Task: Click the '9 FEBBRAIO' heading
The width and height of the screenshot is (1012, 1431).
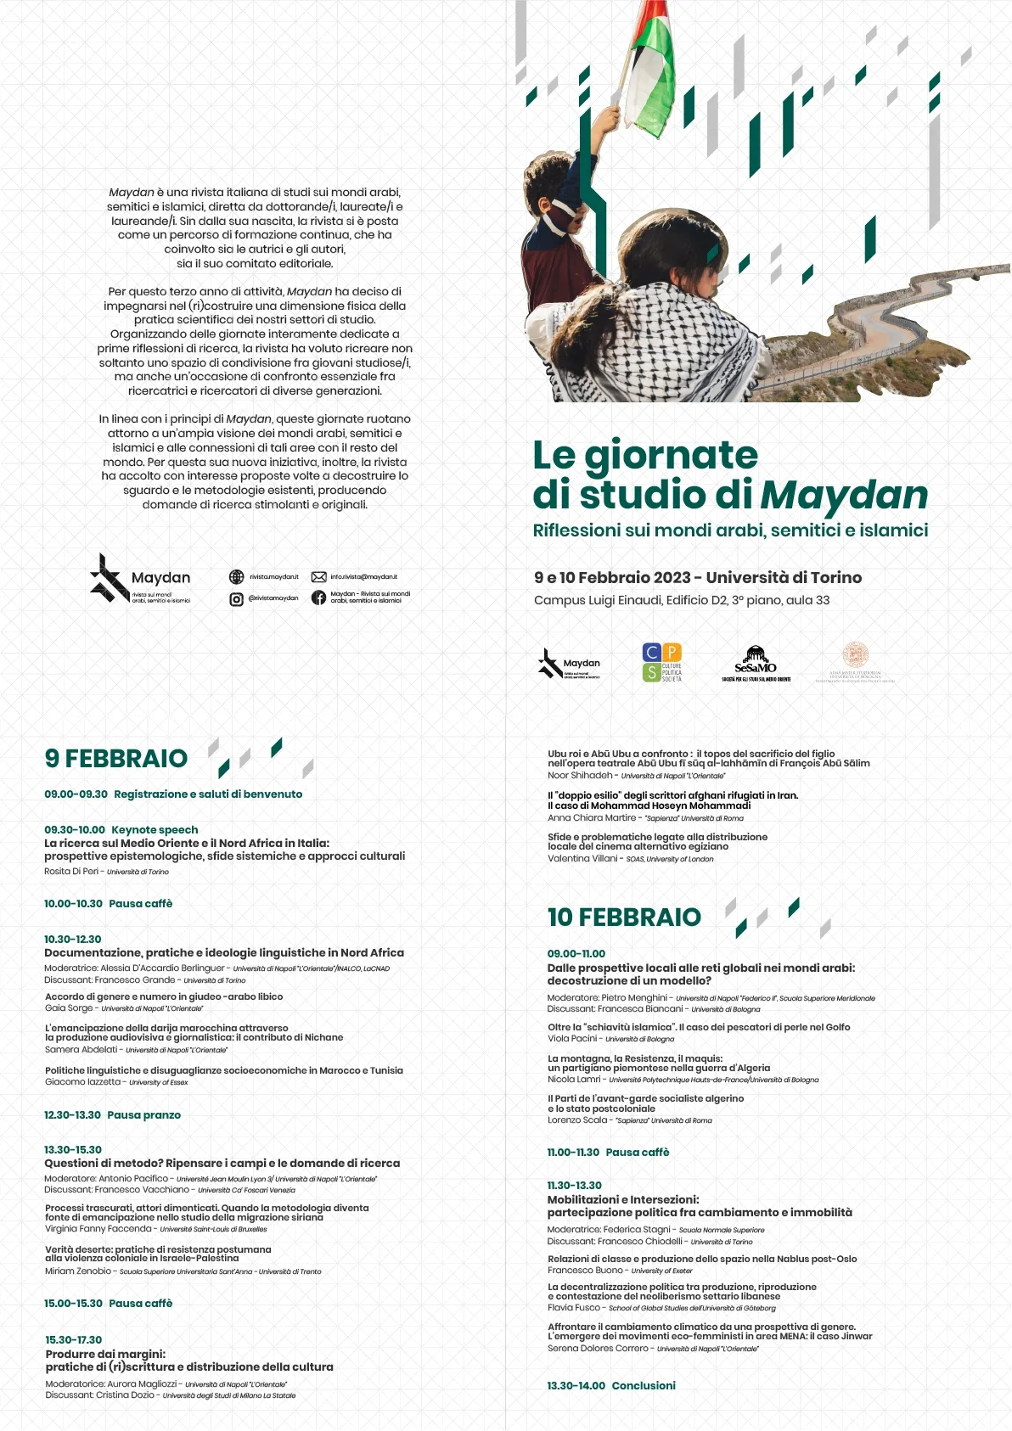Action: [x=116, y=758]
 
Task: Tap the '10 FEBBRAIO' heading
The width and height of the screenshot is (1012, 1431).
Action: [x=624, y=917]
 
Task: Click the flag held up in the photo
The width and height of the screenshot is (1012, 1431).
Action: [x=649, y=72]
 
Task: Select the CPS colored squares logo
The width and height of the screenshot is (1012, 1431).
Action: [x=661, y=662]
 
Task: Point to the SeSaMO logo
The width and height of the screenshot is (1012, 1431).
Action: [x=756, y=664]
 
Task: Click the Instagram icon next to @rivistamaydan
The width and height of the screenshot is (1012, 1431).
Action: [x=237, y=598]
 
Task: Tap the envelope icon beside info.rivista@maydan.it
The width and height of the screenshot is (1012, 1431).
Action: [x=319, y=577]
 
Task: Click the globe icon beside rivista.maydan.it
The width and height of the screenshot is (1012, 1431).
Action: [x=237, y=577]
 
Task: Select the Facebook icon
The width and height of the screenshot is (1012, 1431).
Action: [x=318, y=598]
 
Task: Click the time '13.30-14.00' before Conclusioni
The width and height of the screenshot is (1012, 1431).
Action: [x=576, y=1385]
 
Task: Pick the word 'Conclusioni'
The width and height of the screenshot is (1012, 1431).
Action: [x=644, y=1385]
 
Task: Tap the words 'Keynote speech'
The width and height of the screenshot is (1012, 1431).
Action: [x=155, y=829]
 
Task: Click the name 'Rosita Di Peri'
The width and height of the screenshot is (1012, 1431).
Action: [x=71, y=871]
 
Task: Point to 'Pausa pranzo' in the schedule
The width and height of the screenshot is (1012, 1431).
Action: [x=143, y=1114]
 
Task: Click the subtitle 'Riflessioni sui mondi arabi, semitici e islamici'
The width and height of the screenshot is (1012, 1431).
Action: [x=730, y=530]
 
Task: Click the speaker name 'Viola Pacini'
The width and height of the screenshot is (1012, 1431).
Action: [x=572, y=1038]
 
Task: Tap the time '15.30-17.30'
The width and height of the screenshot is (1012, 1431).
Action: [x=74, y=1339]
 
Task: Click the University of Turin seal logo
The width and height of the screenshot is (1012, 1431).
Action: [x=855, y=662]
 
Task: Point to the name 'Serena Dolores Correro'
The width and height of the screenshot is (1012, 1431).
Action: [x=598, y=1348]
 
